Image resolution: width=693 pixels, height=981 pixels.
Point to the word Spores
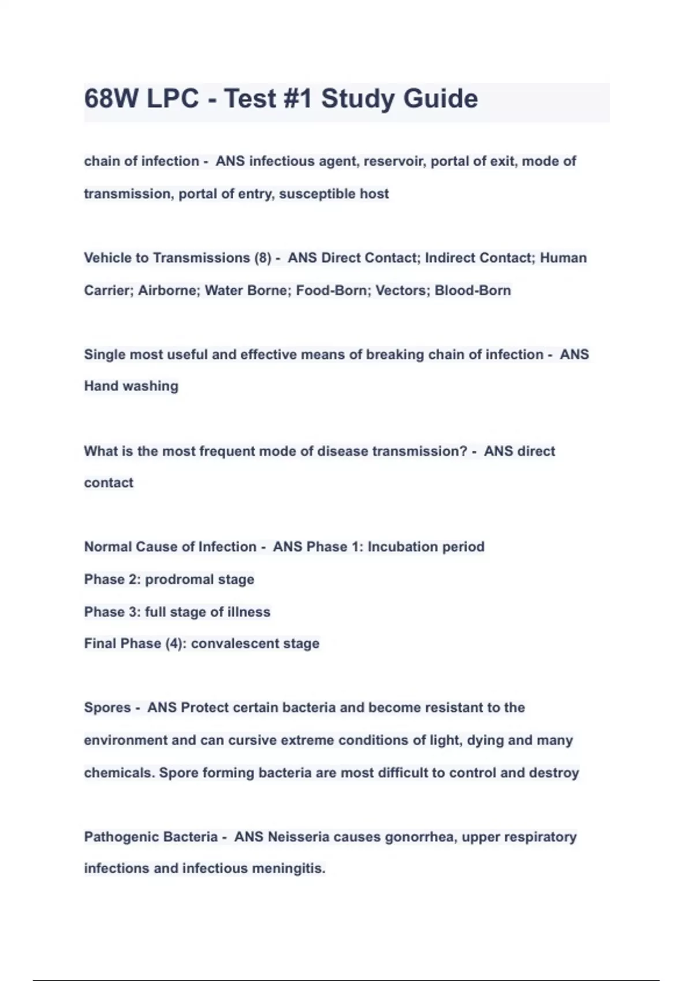coord(107,708)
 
